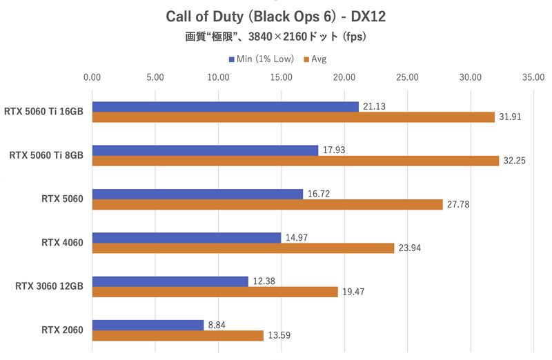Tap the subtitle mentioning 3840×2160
(276, 37)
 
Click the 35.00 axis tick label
(533, 78)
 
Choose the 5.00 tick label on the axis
(155, 78)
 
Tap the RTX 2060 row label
(62, 330)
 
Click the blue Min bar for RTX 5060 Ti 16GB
(225, 106)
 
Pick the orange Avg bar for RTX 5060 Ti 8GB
(295, 161)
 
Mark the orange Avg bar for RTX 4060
(243, 248)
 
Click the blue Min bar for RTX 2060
(148, 325)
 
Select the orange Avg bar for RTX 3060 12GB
(215, 292)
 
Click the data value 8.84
(217, 325)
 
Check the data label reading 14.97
(297, 238)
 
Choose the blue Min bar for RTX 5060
(197, 194)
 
